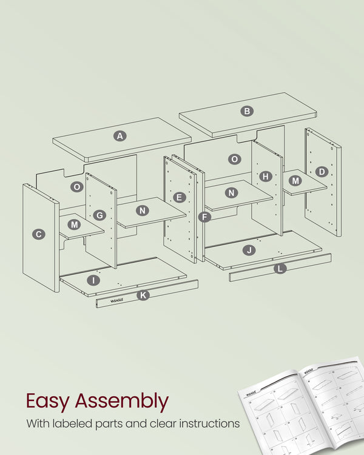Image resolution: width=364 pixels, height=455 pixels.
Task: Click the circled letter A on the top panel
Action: tap(120, 136)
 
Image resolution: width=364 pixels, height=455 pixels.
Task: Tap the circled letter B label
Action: tap(247, 111)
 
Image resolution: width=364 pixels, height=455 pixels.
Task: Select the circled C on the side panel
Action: tap(39, 234)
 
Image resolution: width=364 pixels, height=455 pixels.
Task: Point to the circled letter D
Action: tap(322, 172)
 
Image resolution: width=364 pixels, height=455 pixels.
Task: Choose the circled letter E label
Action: tap(179, 197)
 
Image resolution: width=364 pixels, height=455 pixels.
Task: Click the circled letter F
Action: tap(204, 217)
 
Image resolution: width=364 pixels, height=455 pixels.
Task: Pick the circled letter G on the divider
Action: tap(100, 215)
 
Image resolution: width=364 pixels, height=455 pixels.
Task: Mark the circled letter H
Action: tap(265, 177)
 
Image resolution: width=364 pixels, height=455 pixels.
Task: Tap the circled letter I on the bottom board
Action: tap(93, 280)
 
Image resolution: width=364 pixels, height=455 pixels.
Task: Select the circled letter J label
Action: tap(249, 250)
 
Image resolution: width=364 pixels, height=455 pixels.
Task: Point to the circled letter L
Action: tap(280, 268)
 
